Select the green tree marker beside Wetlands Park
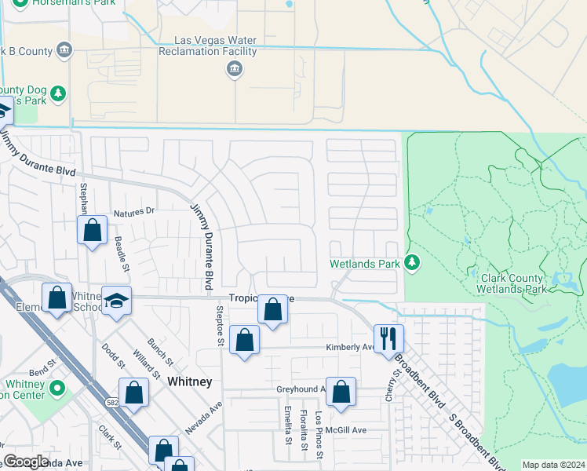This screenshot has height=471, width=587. pyautogui.click(x=414, y=264)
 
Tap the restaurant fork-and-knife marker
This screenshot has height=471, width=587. pyautogui.click(x=388, y=338)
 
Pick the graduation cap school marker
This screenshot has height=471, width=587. pyautogui.click(x=116, y=301)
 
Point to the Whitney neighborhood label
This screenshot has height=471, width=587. pyautogui.click(x=189, y=381)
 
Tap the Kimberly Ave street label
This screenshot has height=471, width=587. pyautogui.click(x=350, y=347)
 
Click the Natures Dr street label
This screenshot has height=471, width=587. pyautogui.click(x=134, y=212)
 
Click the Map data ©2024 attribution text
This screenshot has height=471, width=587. pyautogui.click(x=553, y=465)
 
